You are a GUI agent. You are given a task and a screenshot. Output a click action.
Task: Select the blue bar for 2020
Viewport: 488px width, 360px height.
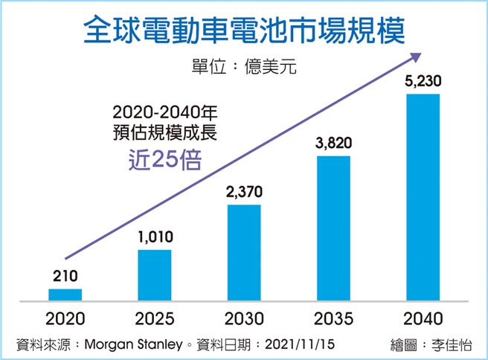pyautogui.click(x=65, y=294)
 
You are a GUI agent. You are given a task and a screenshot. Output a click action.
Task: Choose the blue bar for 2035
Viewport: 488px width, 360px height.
pyautogui.click(x=333, y=227)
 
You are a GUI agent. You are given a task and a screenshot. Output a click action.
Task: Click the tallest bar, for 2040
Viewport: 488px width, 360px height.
pyautogui.click(x=423, y=196)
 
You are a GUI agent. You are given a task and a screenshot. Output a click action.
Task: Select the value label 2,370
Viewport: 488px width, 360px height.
pyautogui.click(x=243, y=193)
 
